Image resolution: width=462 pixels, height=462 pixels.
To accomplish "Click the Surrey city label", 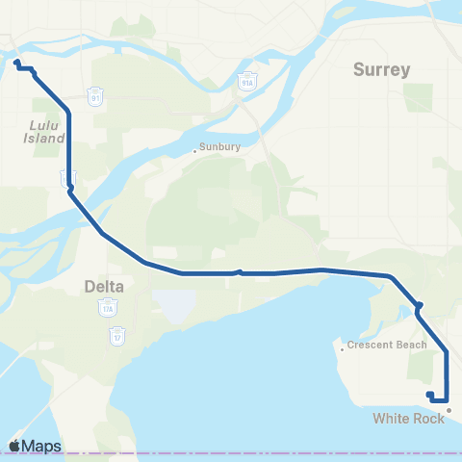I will [381, 70].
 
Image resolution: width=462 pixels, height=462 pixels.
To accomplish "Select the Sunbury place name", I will [215, 148].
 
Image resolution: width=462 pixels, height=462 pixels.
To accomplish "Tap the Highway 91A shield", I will [247, 77].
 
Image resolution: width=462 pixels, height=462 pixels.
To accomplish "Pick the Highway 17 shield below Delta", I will [117, 337].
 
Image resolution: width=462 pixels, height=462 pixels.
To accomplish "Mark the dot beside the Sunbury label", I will [194, 149].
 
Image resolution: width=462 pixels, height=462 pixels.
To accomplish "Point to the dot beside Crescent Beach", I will [343, 349].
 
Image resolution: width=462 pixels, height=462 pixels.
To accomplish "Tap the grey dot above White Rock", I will [448, 408].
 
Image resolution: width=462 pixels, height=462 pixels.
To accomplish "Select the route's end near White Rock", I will [429, 394].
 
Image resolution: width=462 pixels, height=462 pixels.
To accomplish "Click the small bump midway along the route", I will [239, 271].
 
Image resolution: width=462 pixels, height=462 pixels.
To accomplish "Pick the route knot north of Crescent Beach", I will [419, 308].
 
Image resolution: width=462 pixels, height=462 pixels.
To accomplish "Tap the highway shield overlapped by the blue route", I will [67, 178].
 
